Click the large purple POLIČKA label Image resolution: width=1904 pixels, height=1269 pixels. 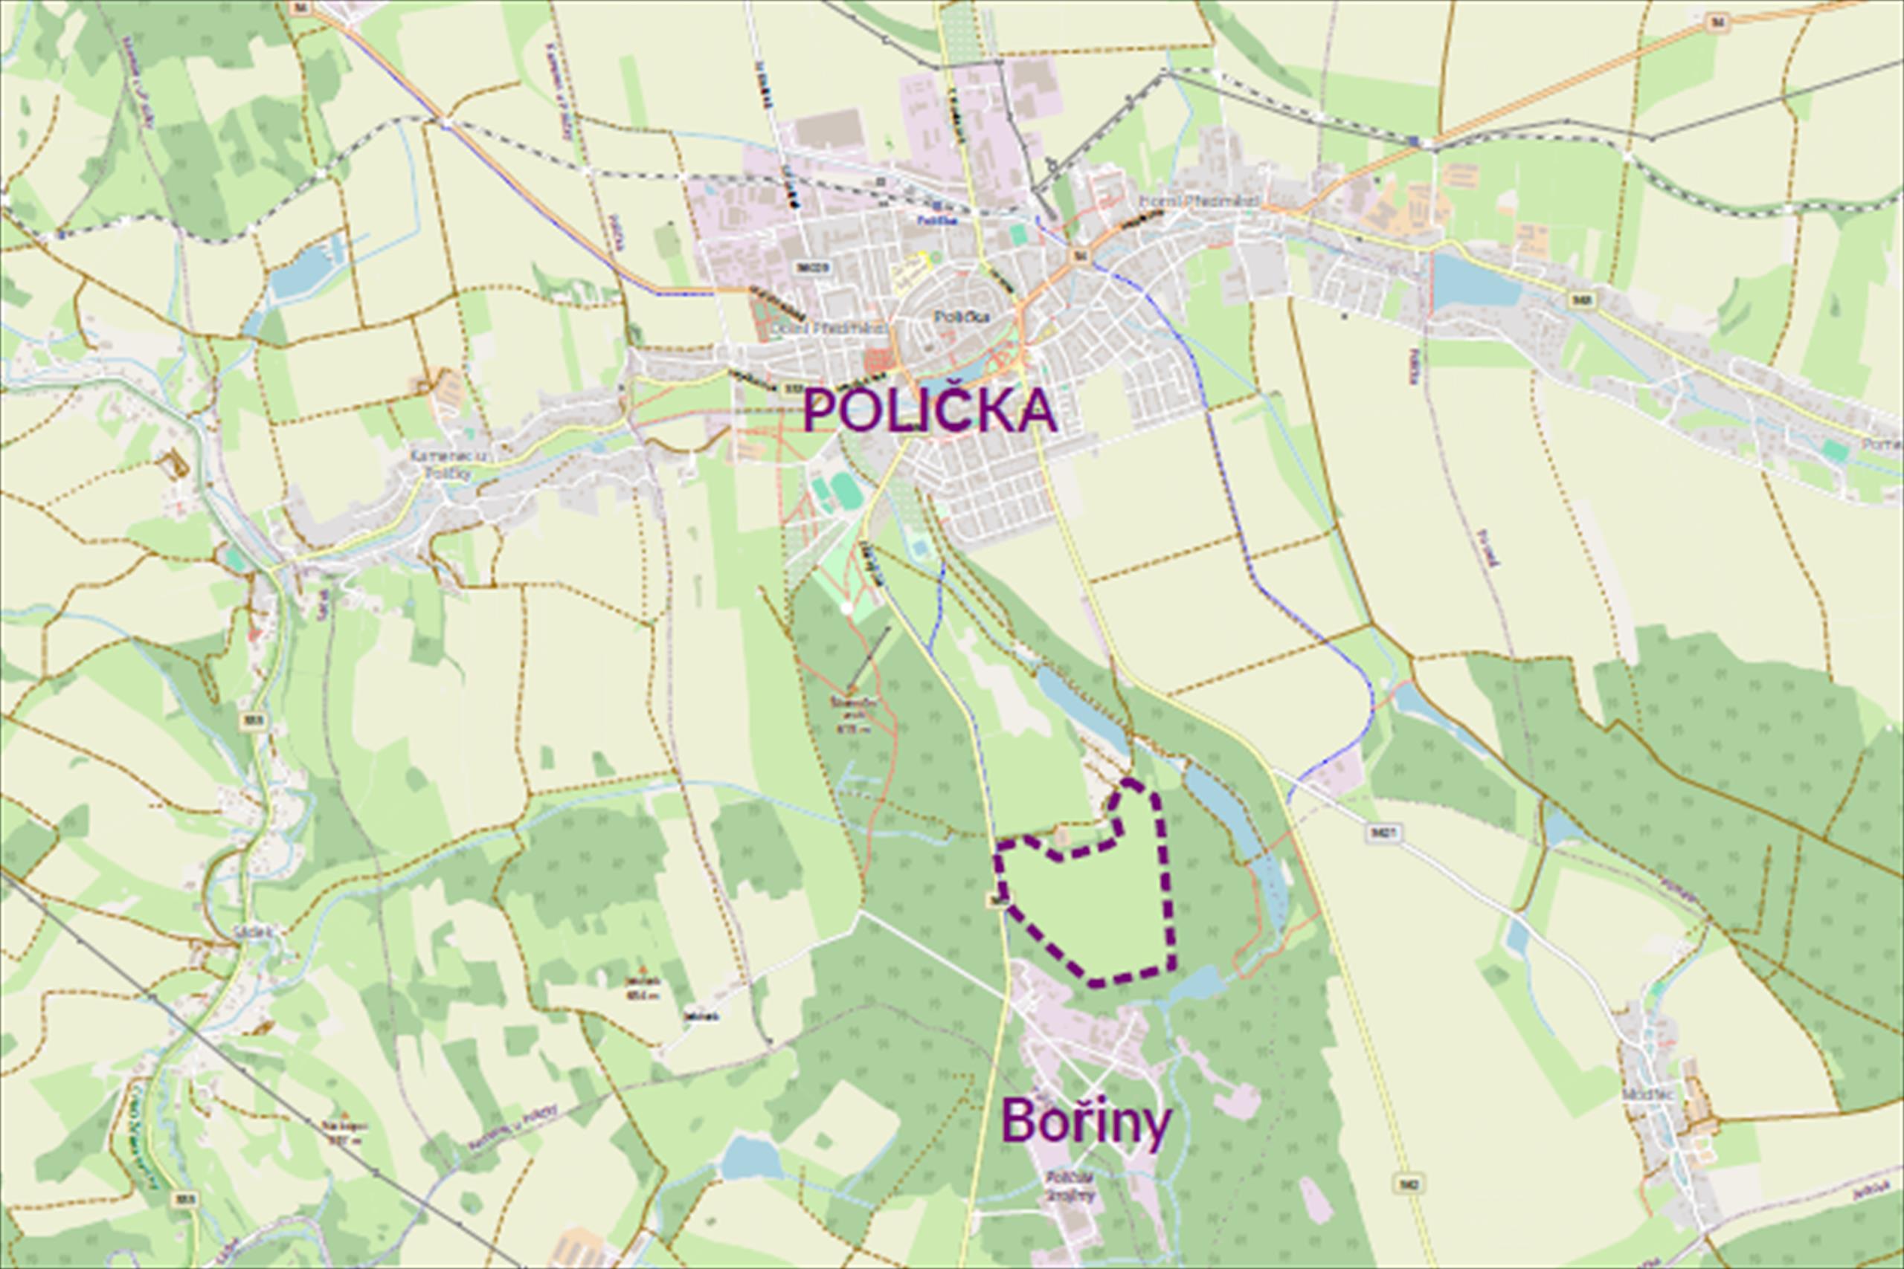click(930, 411)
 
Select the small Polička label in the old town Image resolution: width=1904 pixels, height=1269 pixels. click(962, 317)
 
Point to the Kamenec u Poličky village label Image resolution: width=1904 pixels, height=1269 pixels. click(440, 464)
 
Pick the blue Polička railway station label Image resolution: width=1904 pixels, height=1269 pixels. click(938, 220)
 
